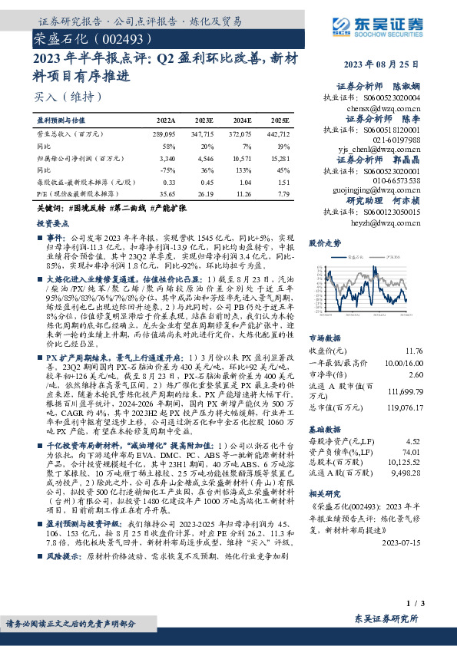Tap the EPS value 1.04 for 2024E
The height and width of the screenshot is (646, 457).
244,183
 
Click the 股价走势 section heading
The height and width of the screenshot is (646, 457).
324,242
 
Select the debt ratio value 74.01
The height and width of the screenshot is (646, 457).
412,453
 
